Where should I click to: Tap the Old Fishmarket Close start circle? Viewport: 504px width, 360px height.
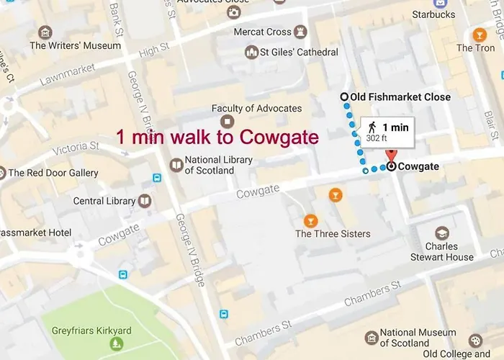point(344,97)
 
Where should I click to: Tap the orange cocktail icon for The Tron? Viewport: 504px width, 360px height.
point(479,35)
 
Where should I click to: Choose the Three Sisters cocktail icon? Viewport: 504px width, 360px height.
point(310,220)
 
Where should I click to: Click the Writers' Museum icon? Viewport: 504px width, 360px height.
point(45,32)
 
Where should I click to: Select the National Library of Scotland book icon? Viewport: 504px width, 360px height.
point(176,166)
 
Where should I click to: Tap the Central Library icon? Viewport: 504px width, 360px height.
point(145,201)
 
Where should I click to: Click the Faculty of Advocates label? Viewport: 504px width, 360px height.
point(256,108)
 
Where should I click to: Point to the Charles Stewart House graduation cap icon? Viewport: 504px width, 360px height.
point(441,233)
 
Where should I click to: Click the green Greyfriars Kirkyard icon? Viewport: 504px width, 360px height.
point(116,345)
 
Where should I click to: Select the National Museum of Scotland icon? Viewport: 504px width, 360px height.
point(371,338)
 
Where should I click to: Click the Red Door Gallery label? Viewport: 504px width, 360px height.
point(53,173)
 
